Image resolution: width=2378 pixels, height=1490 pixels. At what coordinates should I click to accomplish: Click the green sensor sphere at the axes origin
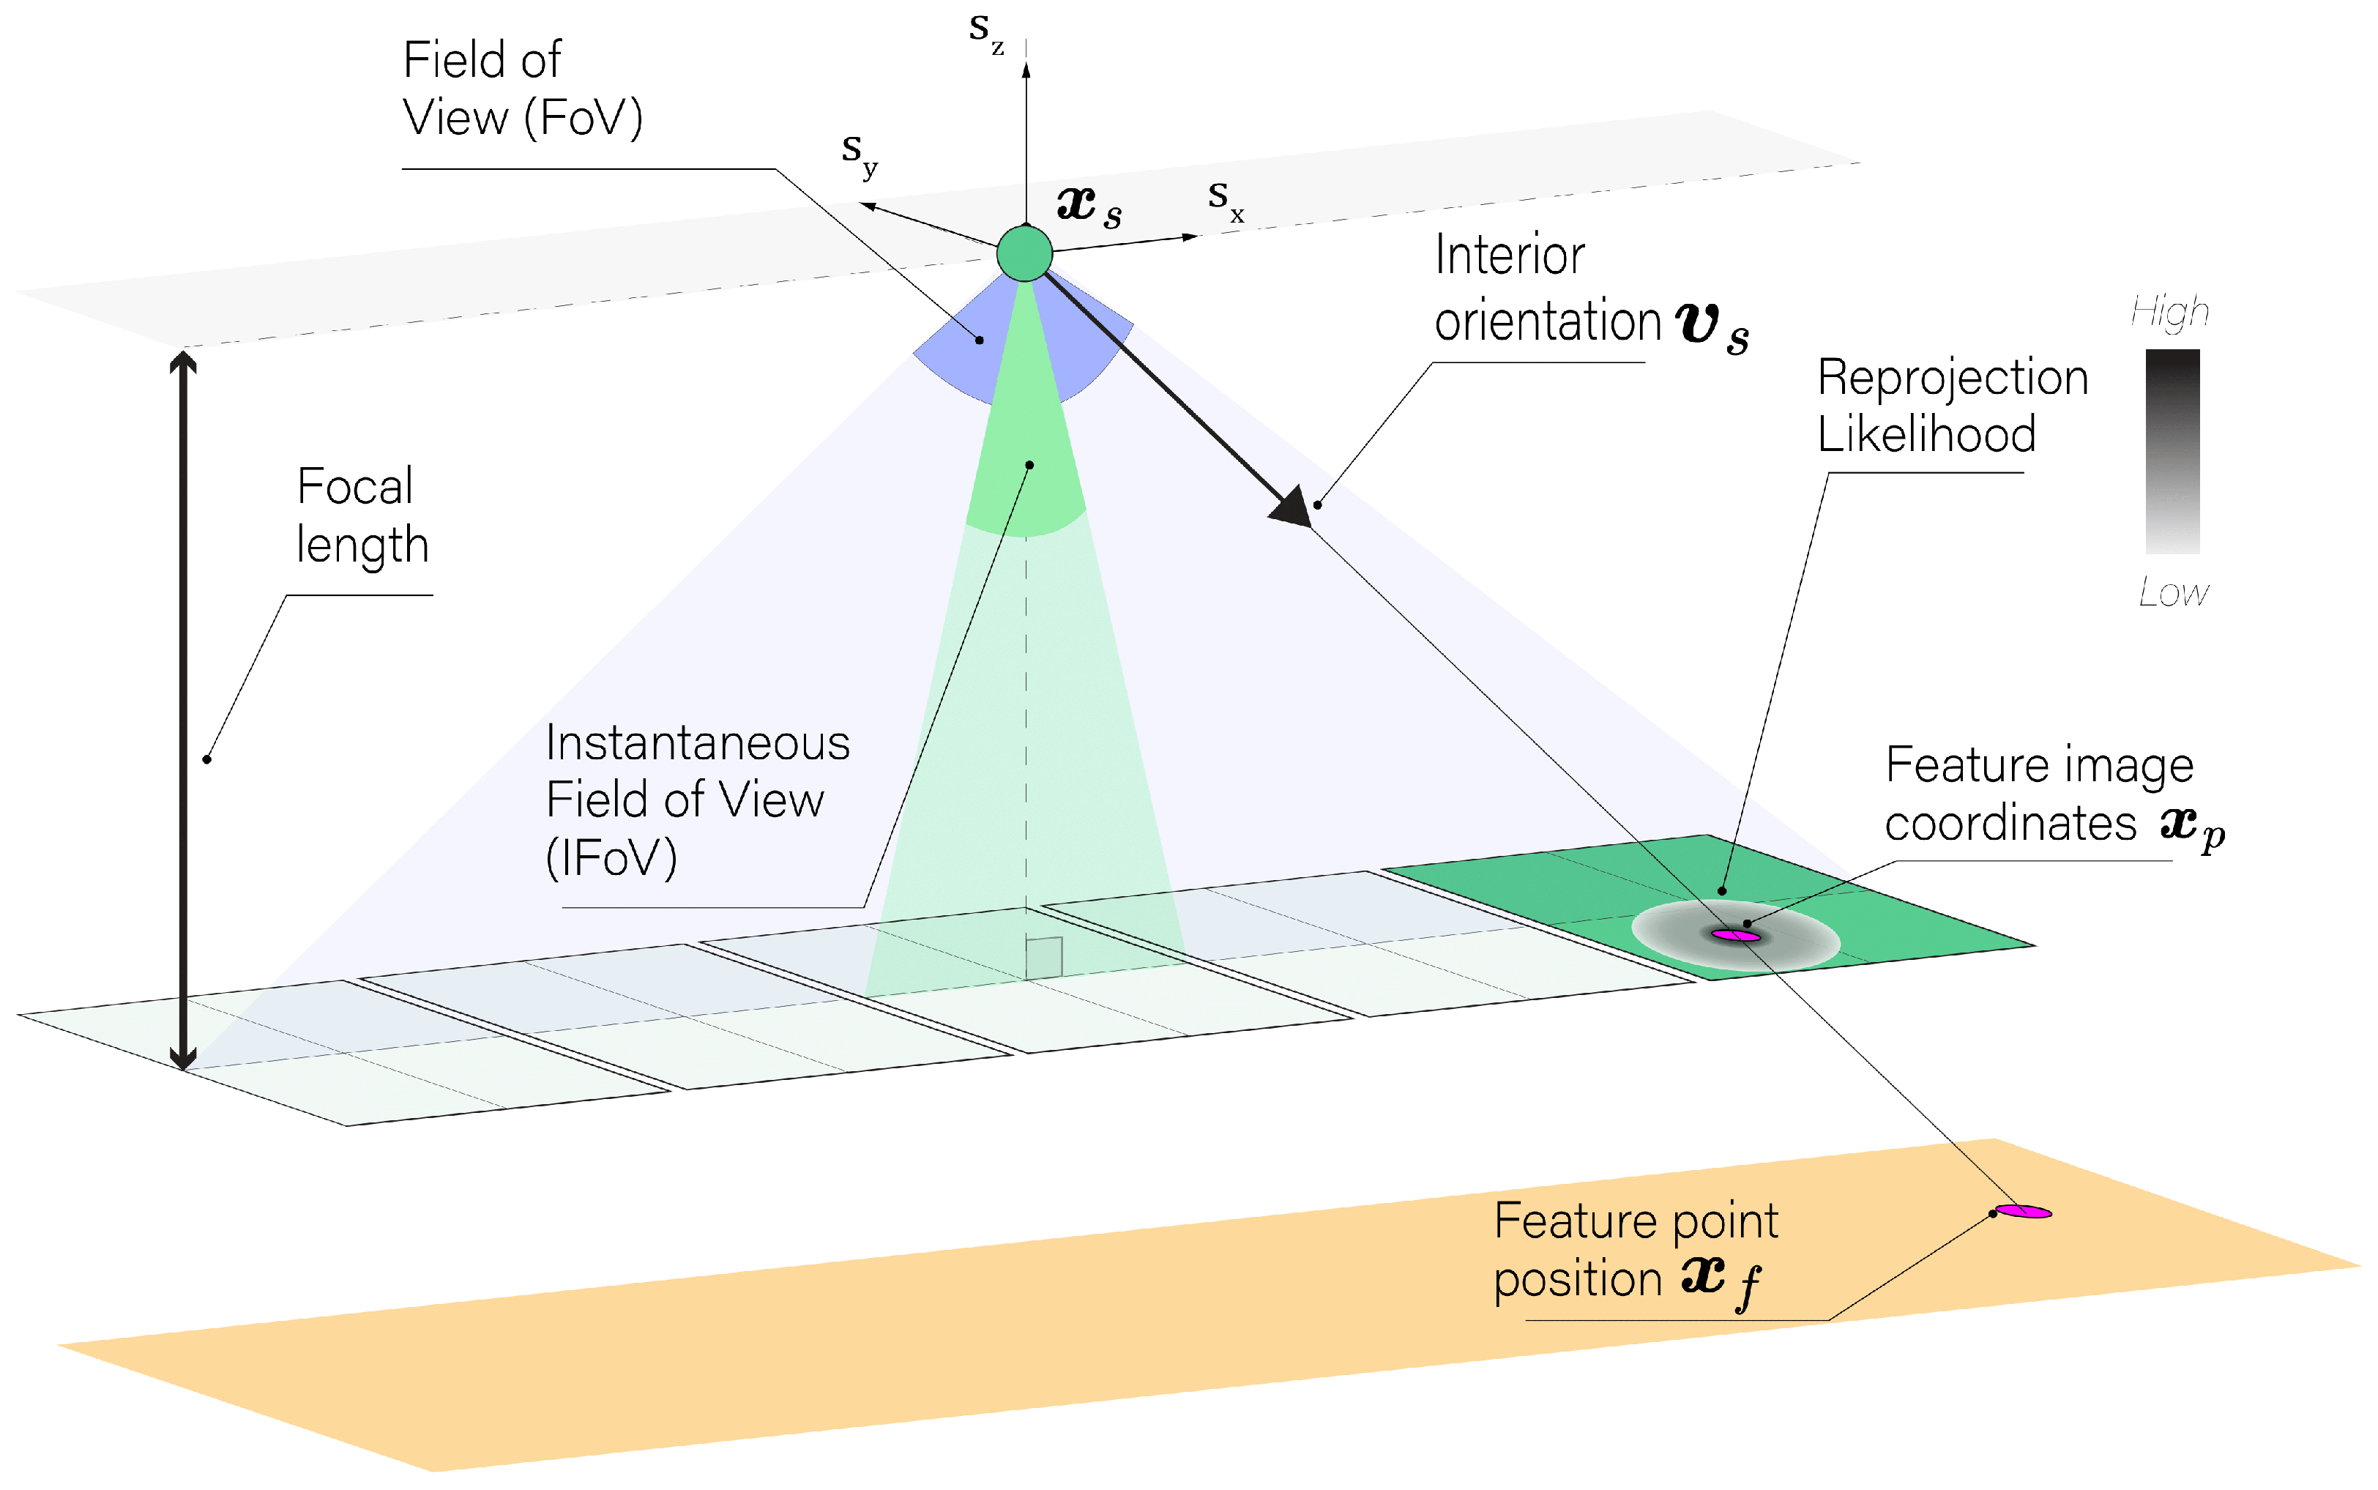1024,253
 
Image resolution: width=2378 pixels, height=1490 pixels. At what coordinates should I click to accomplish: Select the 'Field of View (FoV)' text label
522,89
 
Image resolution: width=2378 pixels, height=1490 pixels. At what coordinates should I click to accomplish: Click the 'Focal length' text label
362,515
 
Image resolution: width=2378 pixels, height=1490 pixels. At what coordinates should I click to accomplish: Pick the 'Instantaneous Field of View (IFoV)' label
696,800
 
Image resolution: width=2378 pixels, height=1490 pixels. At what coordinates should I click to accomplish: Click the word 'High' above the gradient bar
2169,313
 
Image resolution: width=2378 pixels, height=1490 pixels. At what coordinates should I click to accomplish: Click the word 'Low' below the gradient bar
2173,592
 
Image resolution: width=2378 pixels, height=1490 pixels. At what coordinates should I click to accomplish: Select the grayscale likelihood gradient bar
2172,451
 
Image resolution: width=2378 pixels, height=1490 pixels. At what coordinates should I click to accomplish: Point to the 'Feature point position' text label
1636,1251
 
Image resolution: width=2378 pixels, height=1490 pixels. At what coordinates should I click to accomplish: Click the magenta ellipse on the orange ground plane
2024,1211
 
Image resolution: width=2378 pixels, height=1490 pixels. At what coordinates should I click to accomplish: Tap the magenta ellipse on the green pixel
1736,935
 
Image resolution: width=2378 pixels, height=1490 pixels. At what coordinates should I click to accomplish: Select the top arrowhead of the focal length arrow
183,362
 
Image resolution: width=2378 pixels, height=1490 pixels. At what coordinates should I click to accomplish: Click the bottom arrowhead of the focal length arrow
183,1057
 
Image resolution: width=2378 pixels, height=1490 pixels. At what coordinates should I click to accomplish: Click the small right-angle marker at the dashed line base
1043,957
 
